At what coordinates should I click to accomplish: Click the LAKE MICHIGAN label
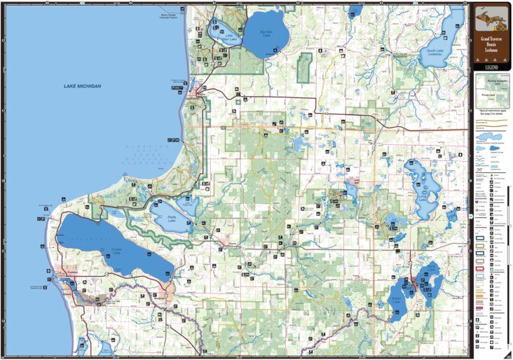pos(82,86)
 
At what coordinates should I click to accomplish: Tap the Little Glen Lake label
pos(229,38)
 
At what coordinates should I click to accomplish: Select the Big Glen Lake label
pos(266,33)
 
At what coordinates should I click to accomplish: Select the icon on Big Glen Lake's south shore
pos(275,50)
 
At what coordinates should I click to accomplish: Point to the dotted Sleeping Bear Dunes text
pos(147,150)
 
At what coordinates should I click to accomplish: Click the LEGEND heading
pos(489,67)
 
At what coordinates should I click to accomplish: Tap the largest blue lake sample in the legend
pos(489,149)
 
